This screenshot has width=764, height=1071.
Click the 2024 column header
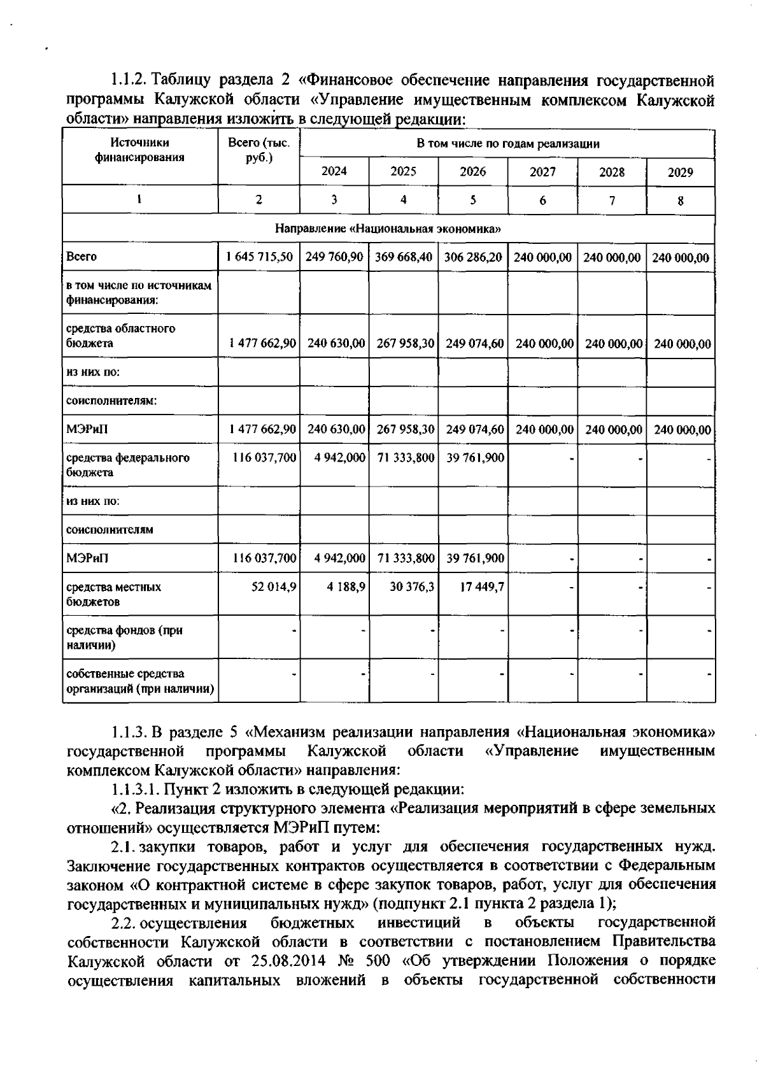point(334,171)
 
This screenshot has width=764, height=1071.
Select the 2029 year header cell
point(680,172)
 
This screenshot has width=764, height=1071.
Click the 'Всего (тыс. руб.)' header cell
point(258,150)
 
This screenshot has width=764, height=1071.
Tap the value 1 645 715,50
point(259,257)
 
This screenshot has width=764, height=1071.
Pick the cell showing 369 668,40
point(403,257)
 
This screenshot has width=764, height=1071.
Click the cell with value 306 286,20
point(472,257)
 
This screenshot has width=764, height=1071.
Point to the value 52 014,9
point(274,586)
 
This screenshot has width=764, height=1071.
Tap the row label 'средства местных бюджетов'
point(114,594)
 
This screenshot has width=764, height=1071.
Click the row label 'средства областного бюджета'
point(121,336)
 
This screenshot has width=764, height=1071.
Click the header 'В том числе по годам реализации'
point(507,144)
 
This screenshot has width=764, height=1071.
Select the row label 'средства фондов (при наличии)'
point(124,637)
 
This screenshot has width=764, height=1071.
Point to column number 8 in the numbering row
point(680,201)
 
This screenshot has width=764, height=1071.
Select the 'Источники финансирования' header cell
point(139,150)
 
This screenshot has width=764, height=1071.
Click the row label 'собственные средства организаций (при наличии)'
point(139,681)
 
